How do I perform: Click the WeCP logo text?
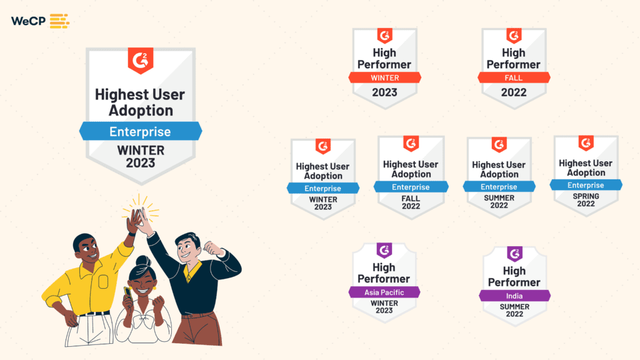pyautogui.click(x=28, y=21)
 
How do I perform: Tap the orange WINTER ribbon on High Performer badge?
pyautogui.click(x=385, y=77)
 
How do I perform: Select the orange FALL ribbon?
pyautogui.click(x=514, y=77)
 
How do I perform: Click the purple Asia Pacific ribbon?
pyautogui.click(x=384, y=292)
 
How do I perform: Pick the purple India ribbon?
pyautogui.click(x=514, y=296)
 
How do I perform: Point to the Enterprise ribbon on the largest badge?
pyautogui.click(x=141, y=131)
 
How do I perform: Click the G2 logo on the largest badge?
pyautogui.click(x=141, y=61)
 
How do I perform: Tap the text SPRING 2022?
pyautogui.click(x=586, y=200)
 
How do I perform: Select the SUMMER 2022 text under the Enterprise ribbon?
pyautogui.click(x=499, y=202)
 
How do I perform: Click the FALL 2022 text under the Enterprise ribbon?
pyautogui.click(x=411, y=202)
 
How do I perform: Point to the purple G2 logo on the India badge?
pyautogui.click(x=515, y=254)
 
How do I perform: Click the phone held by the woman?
pyautogui.click(x=127, y=292)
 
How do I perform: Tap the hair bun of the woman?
pyautogui.click(x=143, y=261)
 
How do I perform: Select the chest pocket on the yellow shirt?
pyautogui.click(x=103, y=282)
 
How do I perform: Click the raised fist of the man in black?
pyautogui.click(x=213, y=248)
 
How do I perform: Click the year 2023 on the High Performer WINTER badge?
pyautogui.click(x=384, y=92)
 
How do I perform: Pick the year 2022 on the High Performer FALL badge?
pyautogui.click(x=514, y=92)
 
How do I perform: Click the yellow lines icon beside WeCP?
pyautogui.click(x=59, y=21)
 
